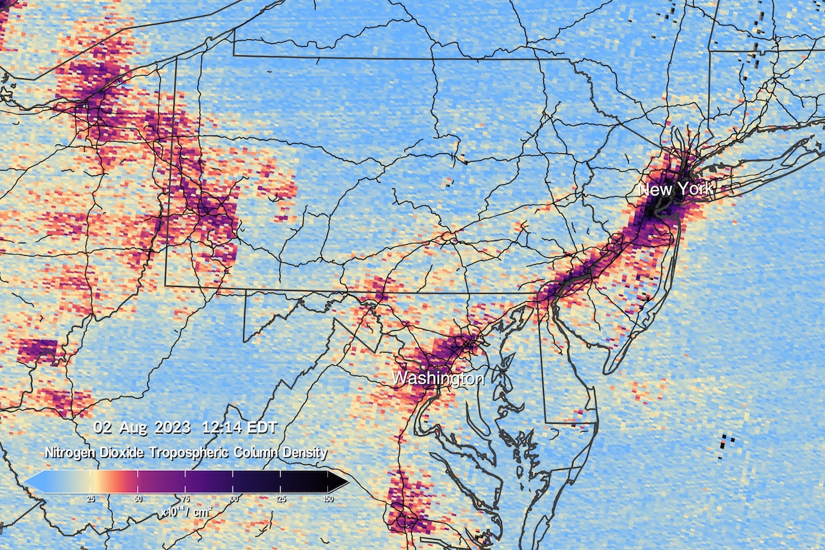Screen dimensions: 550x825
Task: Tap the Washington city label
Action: coord(438,378)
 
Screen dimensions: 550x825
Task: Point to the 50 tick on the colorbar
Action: coord(138,498)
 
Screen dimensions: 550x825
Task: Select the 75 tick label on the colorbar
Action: coord(186,498)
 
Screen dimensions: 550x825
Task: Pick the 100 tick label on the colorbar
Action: coord(233,498)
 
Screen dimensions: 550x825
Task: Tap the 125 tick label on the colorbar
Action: coord(280,498)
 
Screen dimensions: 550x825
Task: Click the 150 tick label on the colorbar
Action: coord(328,498)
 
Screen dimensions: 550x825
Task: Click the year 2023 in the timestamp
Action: coord(173,428)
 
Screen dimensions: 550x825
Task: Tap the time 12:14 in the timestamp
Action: coord(220,428)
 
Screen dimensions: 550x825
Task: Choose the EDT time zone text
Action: coord(262,428)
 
